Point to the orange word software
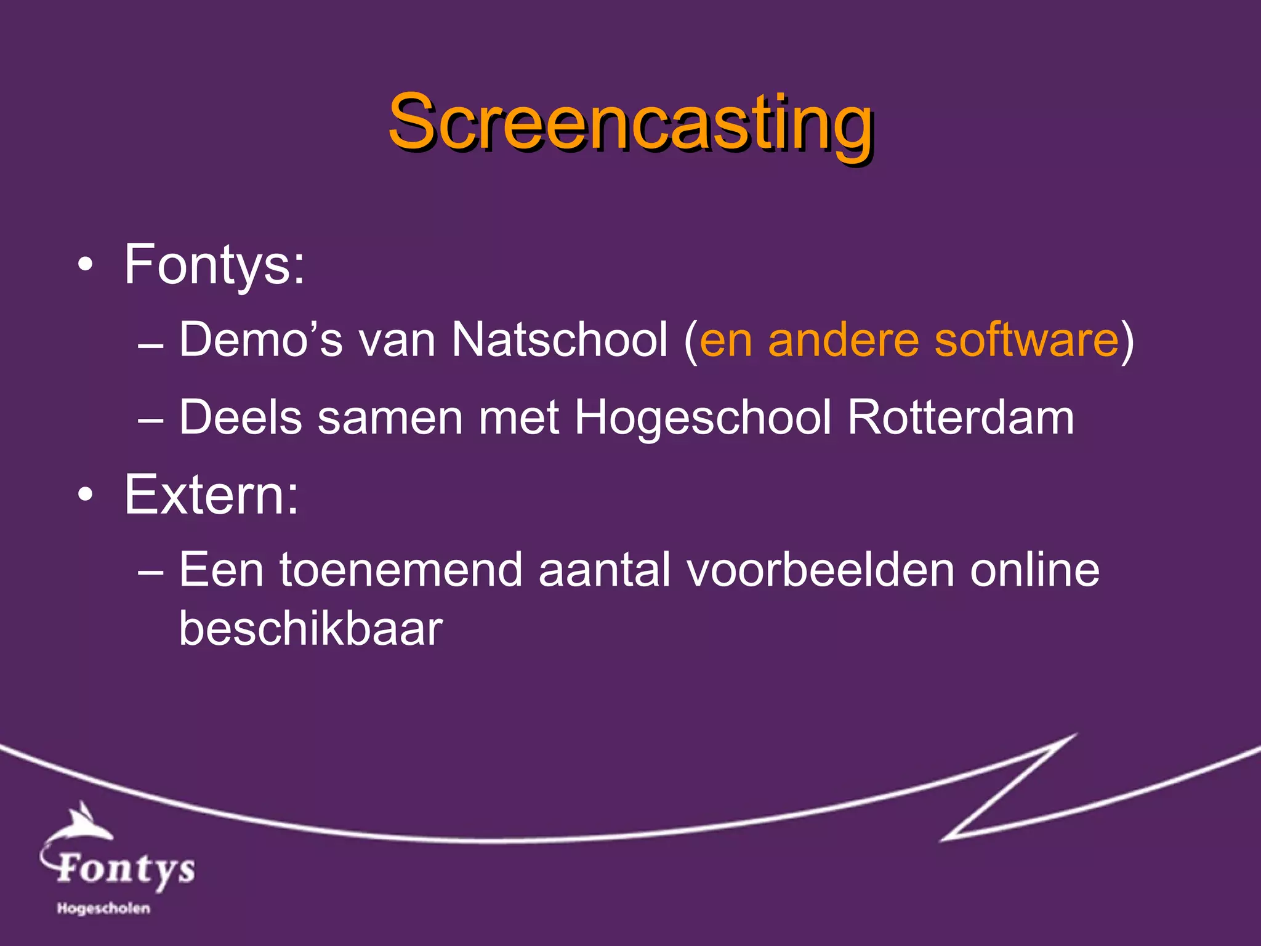1026,339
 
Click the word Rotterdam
961,418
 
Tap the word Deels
241,418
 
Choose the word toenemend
401,570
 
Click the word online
1034,570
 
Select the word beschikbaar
311,629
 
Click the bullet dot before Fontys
86,265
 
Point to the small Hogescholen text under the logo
103,908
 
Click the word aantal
604,570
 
